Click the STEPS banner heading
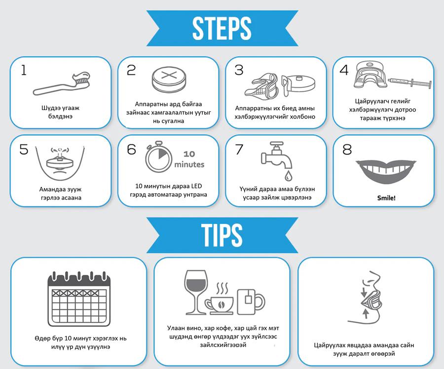click(x=222, y=28)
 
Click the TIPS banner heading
click(x=222, y=235)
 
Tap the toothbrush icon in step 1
click(x=61, y=83)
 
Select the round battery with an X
click(x=169, y=79)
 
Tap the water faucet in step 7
click(x=277, y=156)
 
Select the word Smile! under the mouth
click(x=386, y=198)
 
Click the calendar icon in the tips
click(x=79, y=299)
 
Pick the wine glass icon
click(x=196, y=292)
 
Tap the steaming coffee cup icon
click(x=220, y=299)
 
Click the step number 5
click(x=24, y=149)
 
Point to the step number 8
click(x=347, y=149)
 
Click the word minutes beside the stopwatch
click(x=189, y=164)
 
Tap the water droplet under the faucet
click(x=288, y=175)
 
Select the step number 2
click(x=131, y=70)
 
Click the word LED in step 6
click(x=196, y=186)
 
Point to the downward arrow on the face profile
click(x=364, y=292)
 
